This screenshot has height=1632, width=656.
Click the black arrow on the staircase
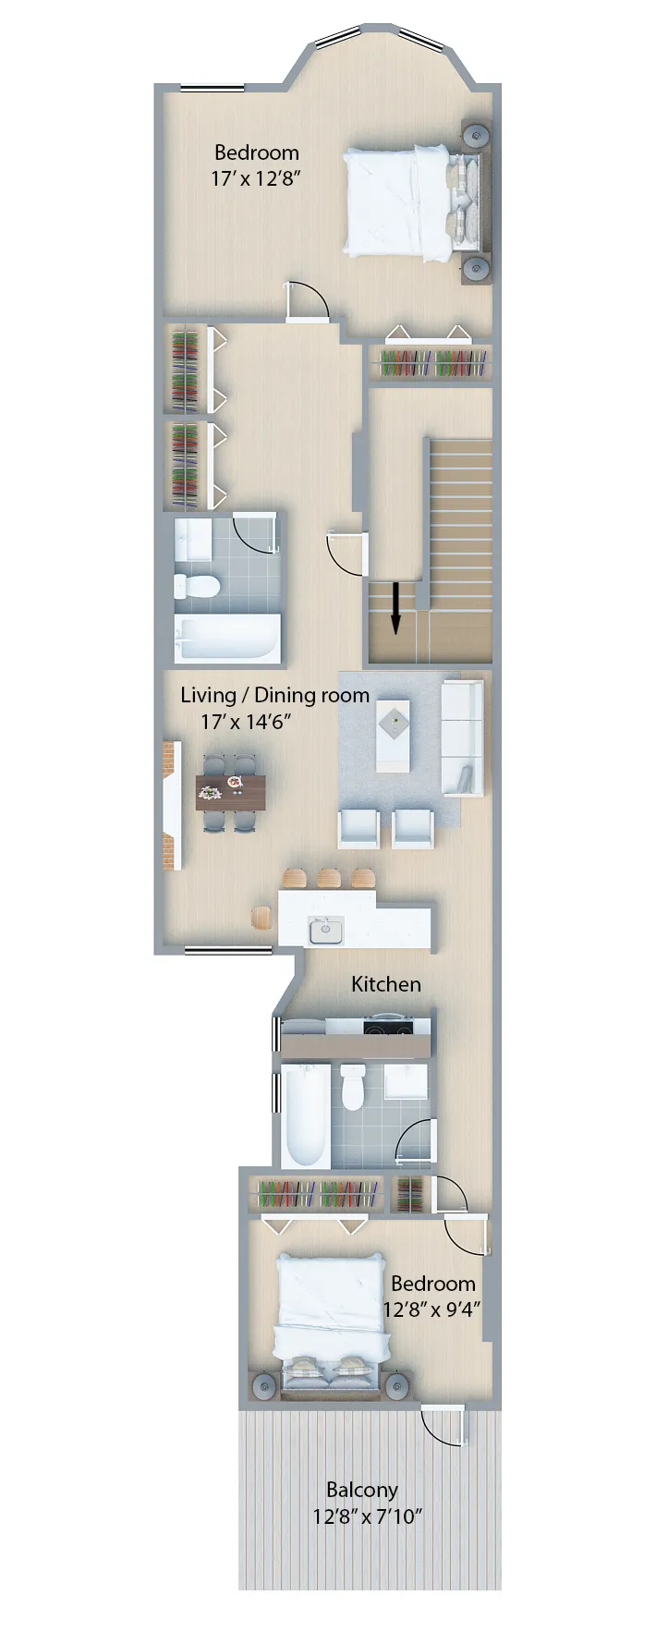tap(395, 607)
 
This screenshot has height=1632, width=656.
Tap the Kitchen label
tap(385, 984)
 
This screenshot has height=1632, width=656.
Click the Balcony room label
tap(362, 1490)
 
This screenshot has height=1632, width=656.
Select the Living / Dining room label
tap(274, 695)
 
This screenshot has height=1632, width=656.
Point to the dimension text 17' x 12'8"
tap(256, 178)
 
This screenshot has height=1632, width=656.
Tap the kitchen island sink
tap(325, 930)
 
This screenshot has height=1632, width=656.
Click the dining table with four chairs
tap(231, 793)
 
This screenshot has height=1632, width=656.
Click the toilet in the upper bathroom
tap(198, 585)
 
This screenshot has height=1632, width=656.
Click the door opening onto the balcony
tap(443, 1425)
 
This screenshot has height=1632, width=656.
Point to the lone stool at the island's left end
tap(261, 918)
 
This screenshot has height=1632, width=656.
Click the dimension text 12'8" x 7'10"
tap(367, 1516)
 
